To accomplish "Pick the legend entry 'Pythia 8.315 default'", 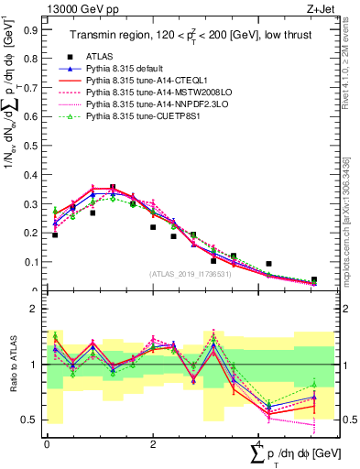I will pos(127,68).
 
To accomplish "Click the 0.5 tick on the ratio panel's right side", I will pos(346,420).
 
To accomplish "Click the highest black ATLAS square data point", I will pos(113,188).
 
